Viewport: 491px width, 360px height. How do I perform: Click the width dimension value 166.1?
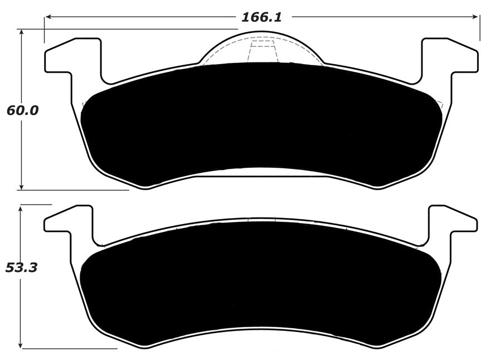[261, 17]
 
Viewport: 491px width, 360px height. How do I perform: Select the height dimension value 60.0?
[22, 110]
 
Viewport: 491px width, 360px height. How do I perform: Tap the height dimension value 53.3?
[21, 267]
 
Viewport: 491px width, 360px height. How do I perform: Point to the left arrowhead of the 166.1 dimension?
[48, 17]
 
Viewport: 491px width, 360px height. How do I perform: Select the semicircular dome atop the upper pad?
[260, 48]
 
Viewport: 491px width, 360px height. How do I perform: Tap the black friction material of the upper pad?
[261, 120]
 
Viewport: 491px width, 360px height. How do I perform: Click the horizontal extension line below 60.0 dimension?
[72, 190]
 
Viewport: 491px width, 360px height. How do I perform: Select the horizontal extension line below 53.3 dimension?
[67, 348]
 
